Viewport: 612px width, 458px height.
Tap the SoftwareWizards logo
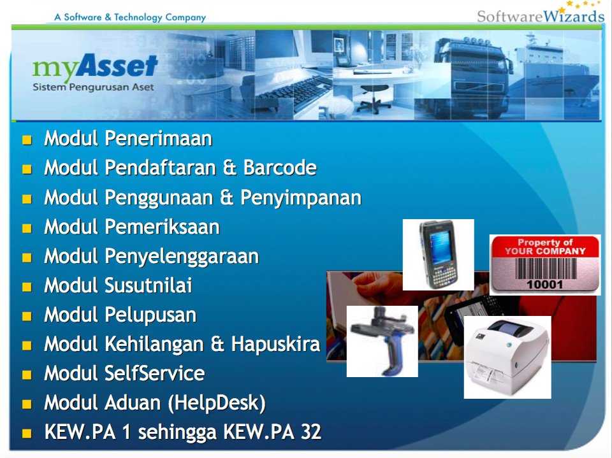point(541,13)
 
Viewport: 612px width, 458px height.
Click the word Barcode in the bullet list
point(280,168)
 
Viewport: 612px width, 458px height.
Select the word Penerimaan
point(159,138)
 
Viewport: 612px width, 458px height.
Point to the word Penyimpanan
point(301,198)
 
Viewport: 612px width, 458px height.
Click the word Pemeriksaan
point(163,227)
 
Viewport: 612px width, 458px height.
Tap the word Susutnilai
point(149,285)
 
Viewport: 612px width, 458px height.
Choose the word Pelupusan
point(150,315)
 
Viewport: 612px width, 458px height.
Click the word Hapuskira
point(275,345)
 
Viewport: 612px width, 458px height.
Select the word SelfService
point(154,373)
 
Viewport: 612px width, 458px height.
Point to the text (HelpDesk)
point(217,403)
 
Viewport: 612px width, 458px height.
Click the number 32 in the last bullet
point(311,433)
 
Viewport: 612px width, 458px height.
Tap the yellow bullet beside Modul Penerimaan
point(27,140)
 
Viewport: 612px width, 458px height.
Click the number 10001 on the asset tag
point(545,284)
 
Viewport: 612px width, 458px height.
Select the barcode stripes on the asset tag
point(546,268)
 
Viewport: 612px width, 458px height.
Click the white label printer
point(507,357)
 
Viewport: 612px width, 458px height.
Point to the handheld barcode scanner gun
point(382,341)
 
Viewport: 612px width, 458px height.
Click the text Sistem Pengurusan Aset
point(93,87)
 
